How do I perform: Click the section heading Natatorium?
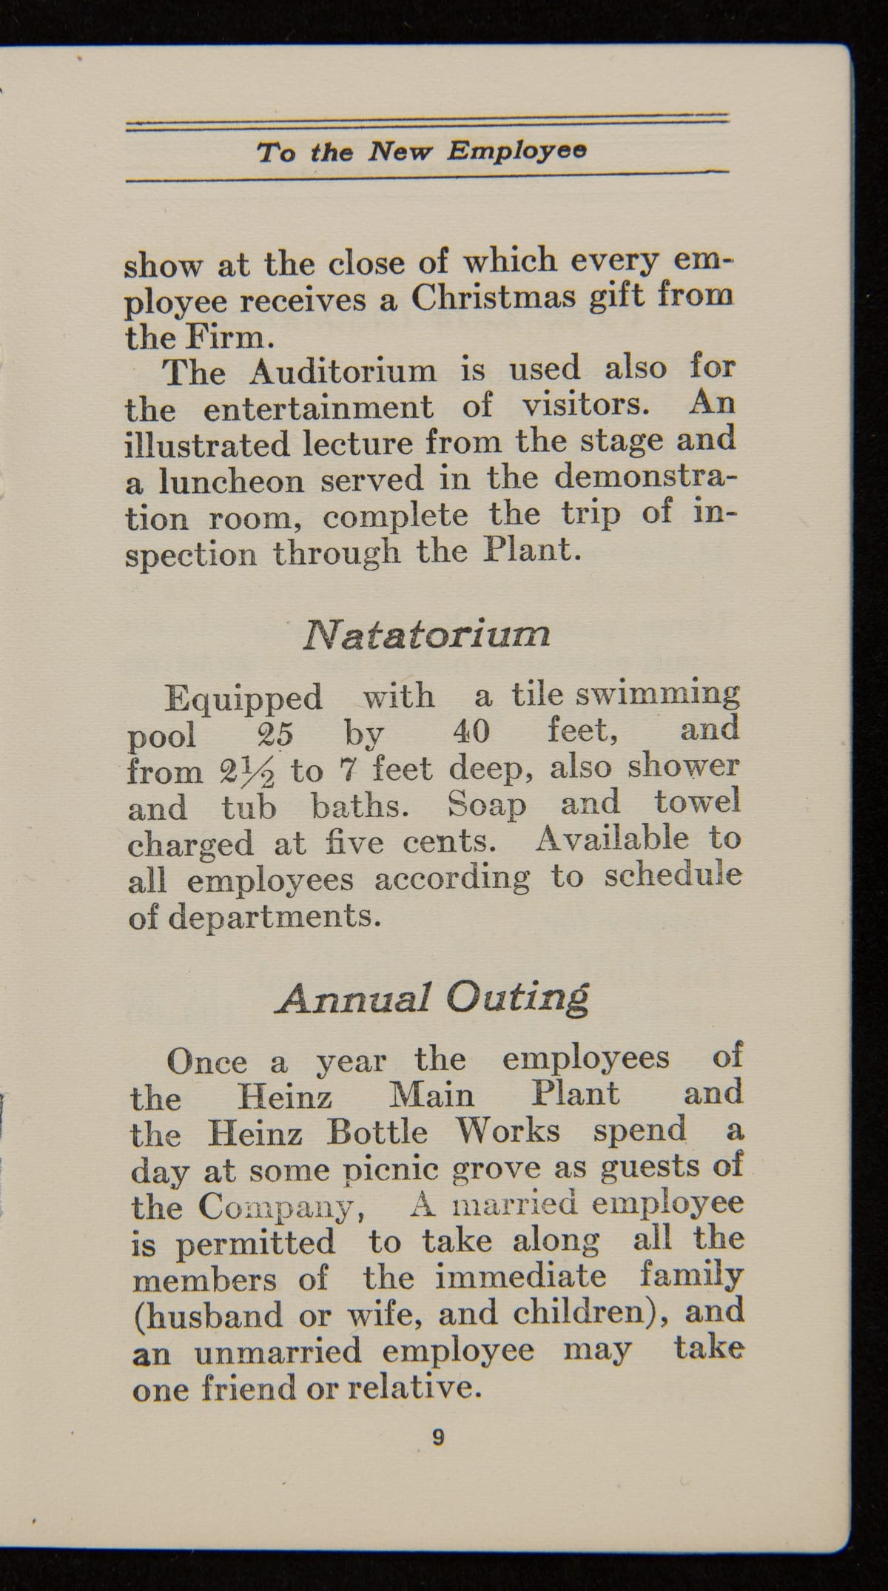click(426, 635)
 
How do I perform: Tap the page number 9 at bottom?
click(438, 1437)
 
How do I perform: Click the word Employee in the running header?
click(517, 151)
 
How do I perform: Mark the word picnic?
click(388, 1170)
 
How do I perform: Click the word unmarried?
click(278, 1351)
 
